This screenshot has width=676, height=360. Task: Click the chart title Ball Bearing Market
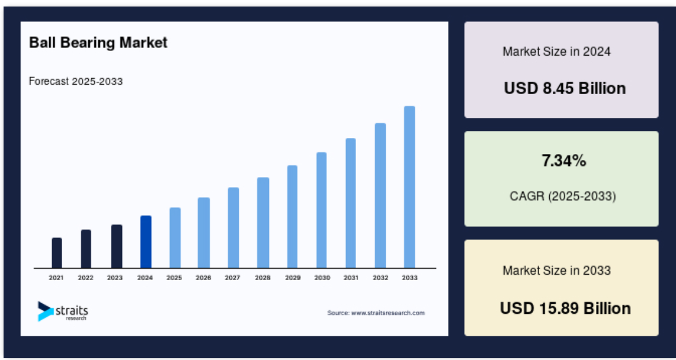98,43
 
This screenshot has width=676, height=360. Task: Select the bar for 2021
57,253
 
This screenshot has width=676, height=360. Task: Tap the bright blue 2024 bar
146,242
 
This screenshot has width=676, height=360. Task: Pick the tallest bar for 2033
409,187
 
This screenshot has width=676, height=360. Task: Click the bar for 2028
263,223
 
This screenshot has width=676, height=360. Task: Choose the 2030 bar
322,210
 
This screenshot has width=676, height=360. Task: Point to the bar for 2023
116,246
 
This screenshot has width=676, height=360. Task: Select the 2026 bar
203,233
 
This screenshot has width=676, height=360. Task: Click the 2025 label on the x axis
174,278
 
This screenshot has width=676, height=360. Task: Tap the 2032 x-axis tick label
380,278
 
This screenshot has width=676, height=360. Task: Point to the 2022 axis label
85,278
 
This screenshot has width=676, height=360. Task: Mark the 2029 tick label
293,278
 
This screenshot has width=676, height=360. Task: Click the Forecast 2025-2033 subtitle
76,81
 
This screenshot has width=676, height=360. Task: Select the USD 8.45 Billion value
565,88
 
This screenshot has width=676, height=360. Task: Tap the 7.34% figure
564,161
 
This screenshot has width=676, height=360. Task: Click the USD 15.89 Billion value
565,308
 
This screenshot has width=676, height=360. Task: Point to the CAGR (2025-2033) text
563,197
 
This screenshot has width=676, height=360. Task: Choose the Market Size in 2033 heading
556,271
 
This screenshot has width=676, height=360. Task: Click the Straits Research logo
63,311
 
